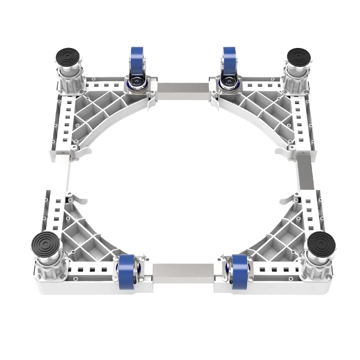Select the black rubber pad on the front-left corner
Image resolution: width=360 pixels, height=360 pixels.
click(x=46, y=243)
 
